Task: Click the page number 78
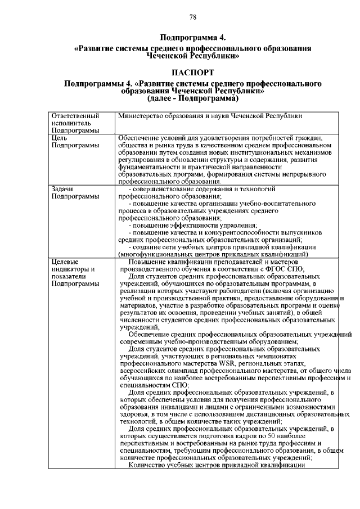point(192,17)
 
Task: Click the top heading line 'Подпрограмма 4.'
point(192,38)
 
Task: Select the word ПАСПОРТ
point(192,73)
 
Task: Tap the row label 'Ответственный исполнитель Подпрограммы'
point(72,123)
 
